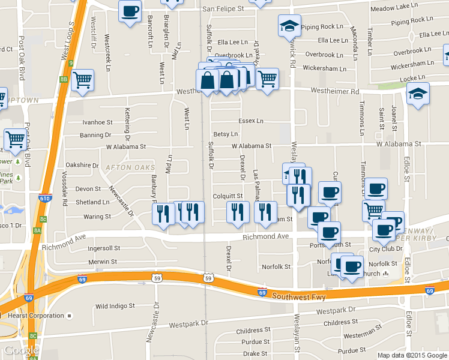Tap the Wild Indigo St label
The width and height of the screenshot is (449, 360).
pos(115,306)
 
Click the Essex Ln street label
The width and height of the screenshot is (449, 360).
pos(251,121)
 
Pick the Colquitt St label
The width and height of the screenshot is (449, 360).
pos(228,196)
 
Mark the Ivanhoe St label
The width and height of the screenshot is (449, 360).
pos(97,122)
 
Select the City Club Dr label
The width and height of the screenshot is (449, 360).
pos(385,249)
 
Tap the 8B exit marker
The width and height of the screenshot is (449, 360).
pos(64,79)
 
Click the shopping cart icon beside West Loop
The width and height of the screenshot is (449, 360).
pos(82,79)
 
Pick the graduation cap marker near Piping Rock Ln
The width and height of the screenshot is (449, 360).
pos(289,26)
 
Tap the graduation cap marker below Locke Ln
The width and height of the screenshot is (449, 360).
pos(418,94)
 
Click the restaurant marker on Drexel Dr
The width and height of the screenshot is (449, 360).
pos(238,211)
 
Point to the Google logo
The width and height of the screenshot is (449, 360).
pos(21,350)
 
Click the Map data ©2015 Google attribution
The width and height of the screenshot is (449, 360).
pos(411,355)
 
